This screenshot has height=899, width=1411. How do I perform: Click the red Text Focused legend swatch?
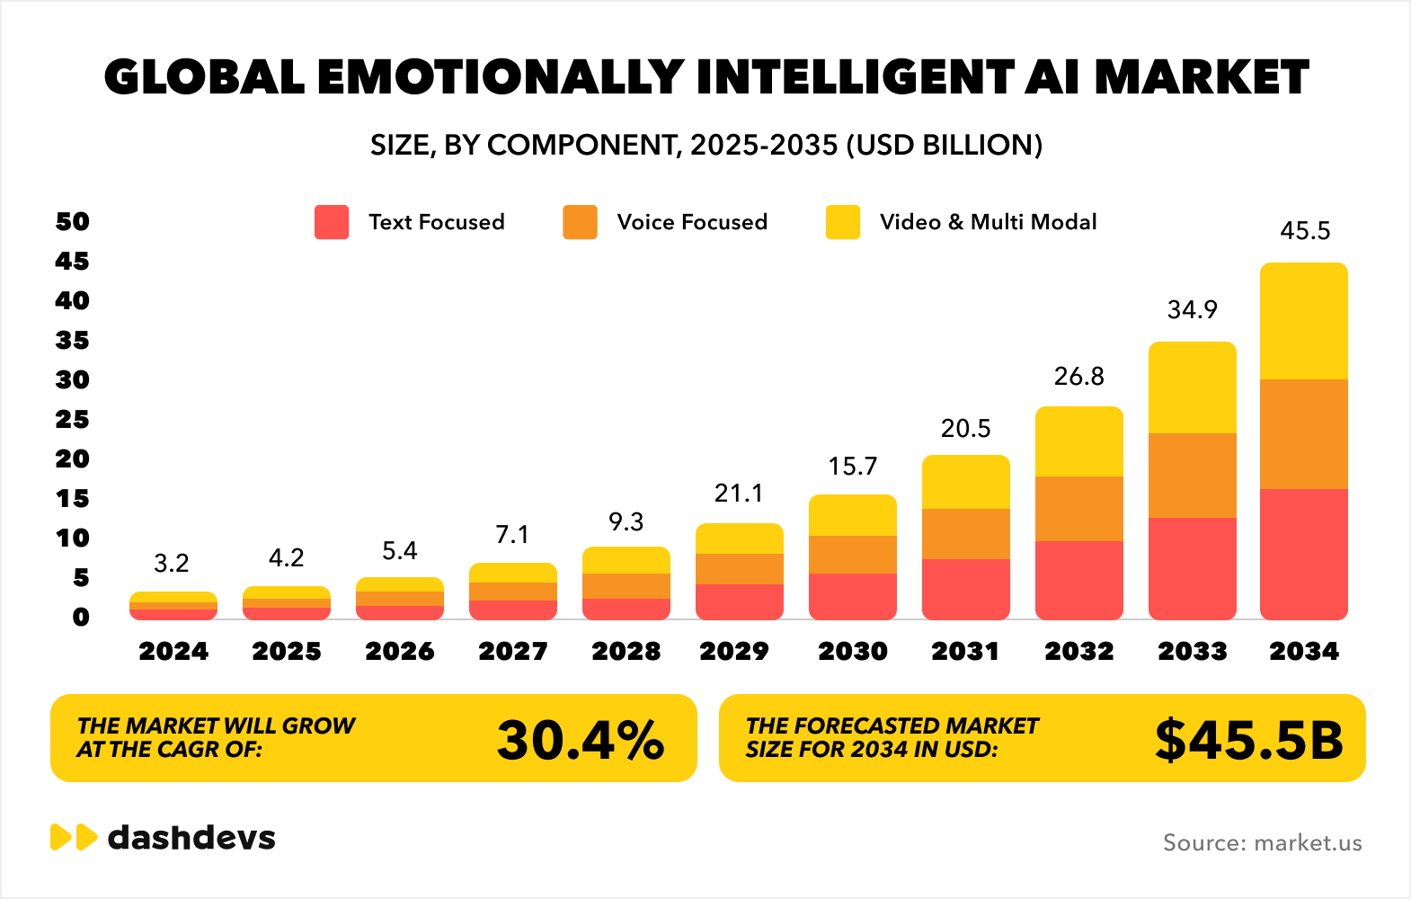[x=332, y=222]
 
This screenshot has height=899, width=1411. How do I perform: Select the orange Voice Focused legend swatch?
[x=580, y=222]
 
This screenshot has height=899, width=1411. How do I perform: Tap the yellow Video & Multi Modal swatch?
[x=843, y=222]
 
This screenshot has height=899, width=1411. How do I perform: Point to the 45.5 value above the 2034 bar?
[x=1305, y=231]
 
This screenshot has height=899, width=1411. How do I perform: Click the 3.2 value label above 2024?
[x=172, y=564]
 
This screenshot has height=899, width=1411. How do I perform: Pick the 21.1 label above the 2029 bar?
[x=739, y=494]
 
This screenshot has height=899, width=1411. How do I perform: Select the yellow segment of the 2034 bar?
[x=1304, y=321]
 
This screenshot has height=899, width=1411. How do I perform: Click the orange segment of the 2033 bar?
[x=1193, y=476]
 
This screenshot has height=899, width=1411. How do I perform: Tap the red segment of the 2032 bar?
[x=1079, y=580]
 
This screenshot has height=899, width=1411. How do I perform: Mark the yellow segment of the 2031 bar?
[x=966, y=483]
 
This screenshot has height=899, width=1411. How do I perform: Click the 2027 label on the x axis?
[x=513, y=651]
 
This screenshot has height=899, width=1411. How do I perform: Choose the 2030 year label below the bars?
[x=853, y=651]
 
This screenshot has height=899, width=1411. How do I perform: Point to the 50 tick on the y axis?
[x=73, y=222]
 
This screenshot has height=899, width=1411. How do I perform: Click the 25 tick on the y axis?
[x=73, y=420]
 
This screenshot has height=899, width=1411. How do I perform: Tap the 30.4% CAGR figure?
[x=581, y=740]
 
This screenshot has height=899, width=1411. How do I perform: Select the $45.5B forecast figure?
[x=1249, y=740]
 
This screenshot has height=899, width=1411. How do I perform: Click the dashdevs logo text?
[x=191, y=838]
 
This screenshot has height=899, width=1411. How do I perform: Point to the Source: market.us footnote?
[x=1263, y=843]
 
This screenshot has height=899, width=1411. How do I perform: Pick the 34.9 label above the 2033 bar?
[x=1193, y=310]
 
